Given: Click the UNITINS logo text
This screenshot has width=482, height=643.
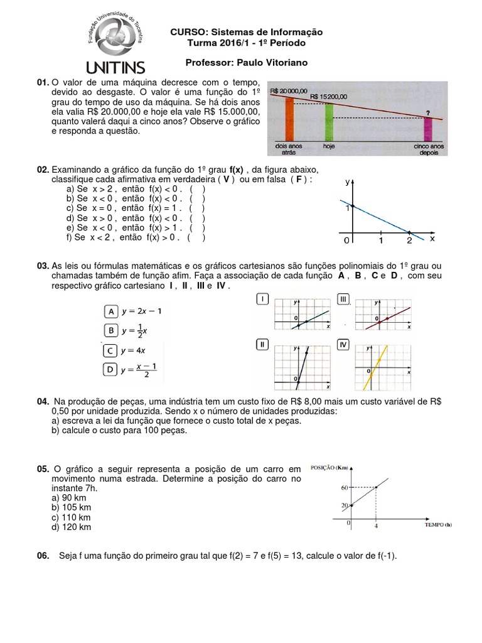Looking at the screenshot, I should (x=113, y=67).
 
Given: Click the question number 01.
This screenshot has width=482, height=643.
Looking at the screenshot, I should (x=43, y=83).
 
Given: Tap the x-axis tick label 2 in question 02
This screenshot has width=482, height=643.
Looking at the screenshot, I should (x=409, y=240).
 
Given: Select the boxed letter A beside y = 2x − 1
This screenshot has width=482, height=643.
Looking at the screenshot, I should (x=110, y=311).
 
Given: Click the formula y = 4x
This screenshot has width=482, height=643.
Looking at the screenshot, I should (x=134, y=350).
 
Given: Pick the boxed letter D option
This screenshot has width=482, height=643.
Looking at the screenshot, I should (x=110, y=370).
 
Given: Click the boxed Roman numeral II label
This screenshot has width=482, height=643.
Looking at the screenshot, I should (x=263, y=344).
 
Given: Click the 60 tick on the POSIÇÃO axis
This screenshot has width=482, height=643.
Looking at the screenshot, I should (x=343, y=487).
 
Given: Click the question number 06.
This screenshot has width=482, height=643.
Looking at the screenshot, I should (x=43, y=556).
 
